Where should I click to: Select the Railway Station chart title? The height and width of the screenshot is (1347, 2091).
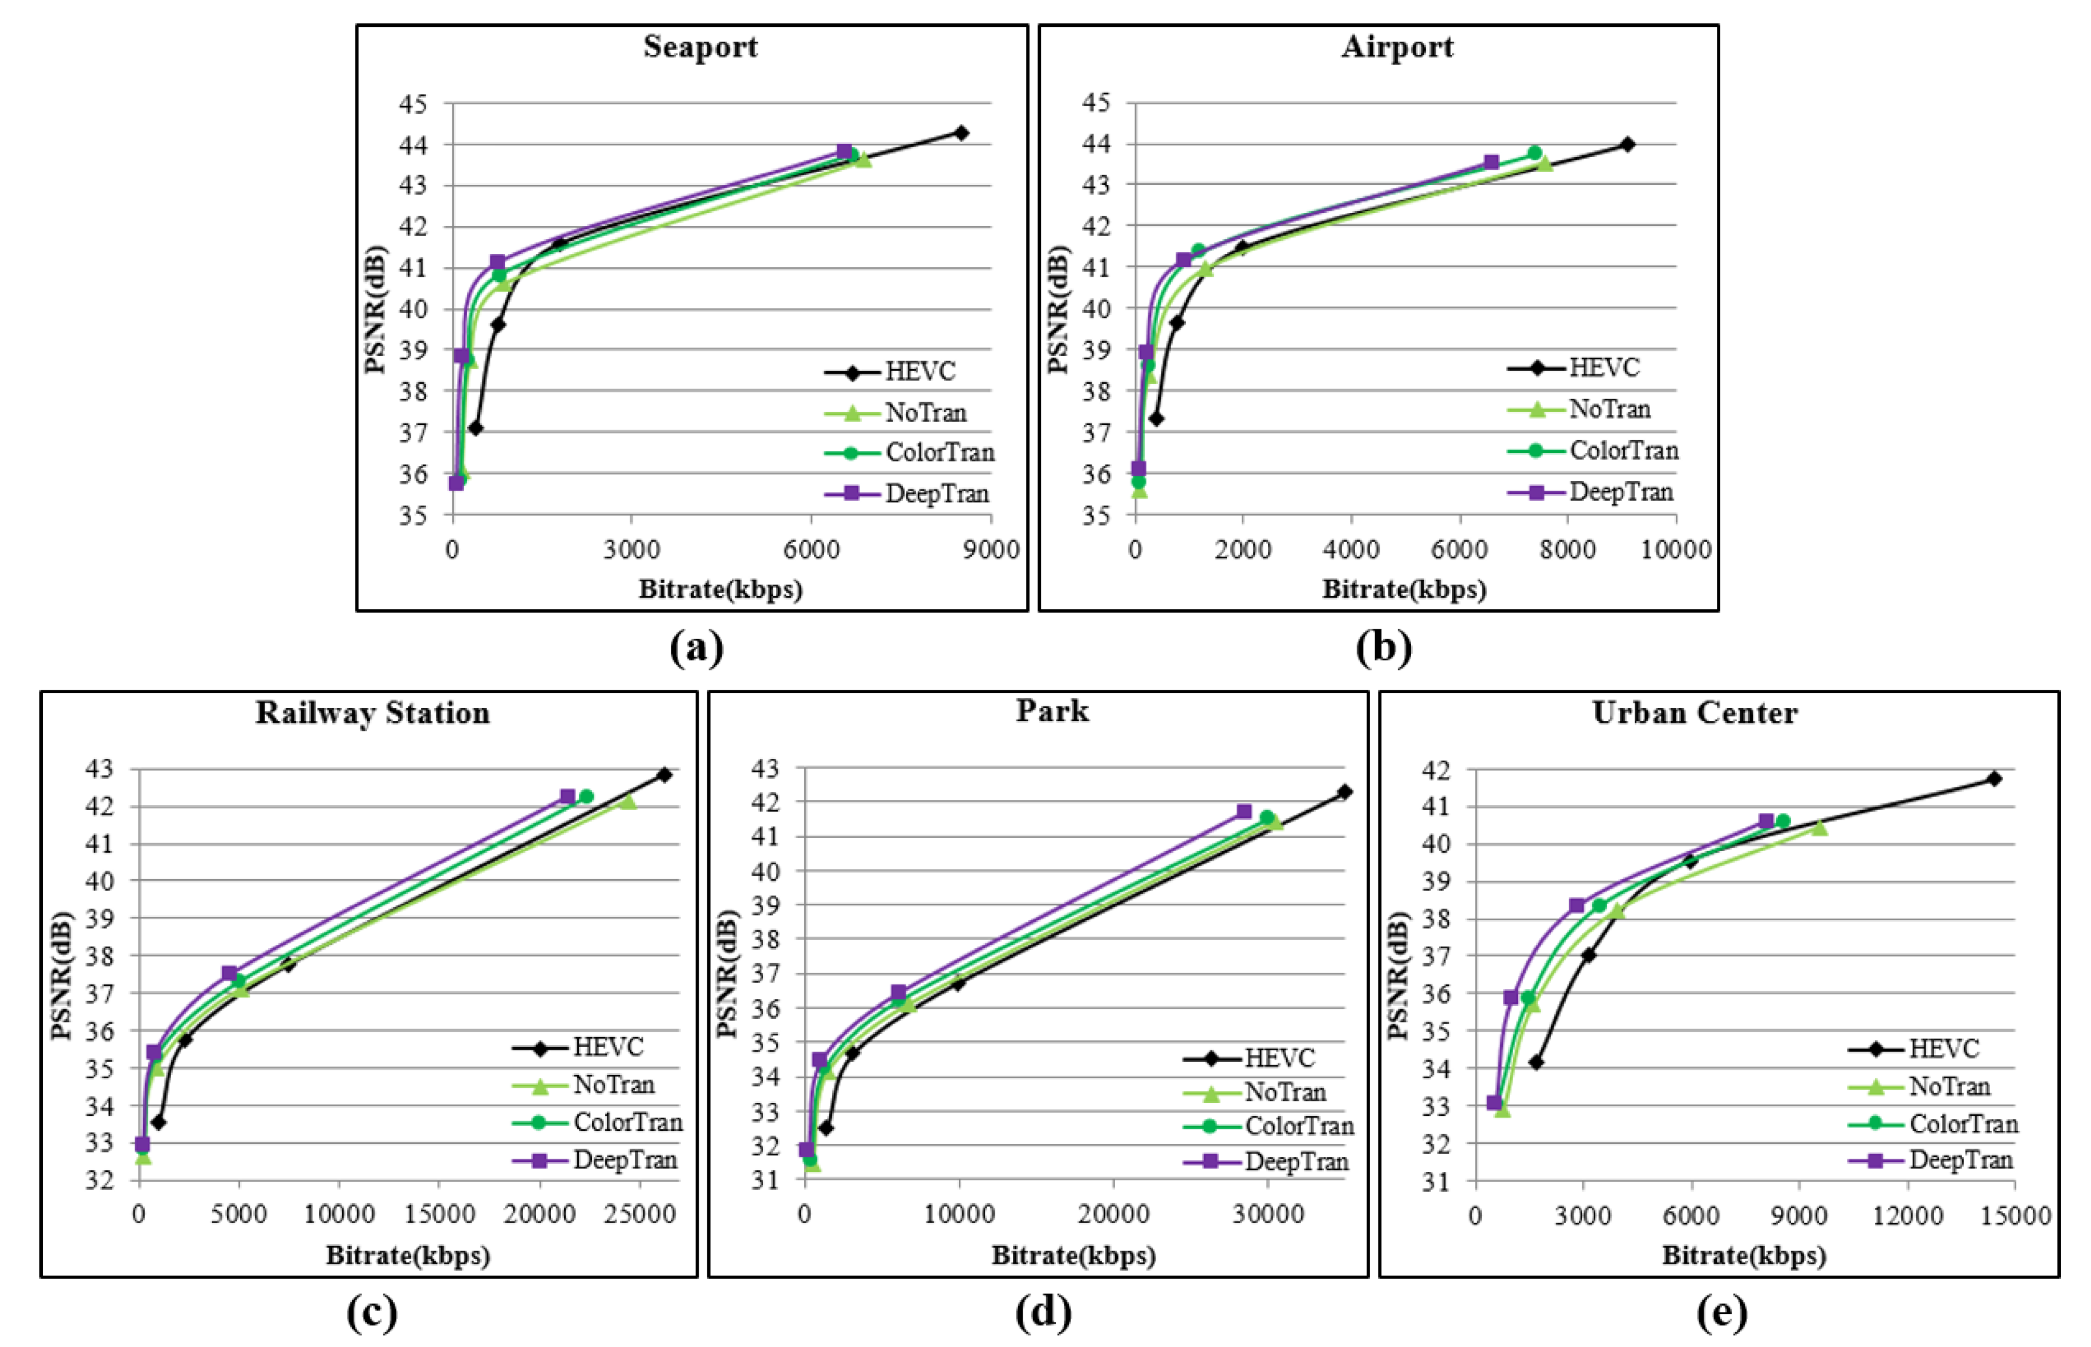pyautogui.click(x=372, y=713)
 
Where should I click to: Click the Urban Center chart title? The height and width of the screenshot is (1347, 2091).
pyautogui.click(x=1694, y=713)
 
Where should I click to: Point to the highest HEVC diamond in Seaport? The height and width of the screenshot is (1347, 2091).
pyautogui.click(x=961, y=133)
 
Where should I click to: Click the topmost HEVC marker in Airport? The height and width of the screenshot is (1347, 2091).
pyautogui.click(x=1627, y=144)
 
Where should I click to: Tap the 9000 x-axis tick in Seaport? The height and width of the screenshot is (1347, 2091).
pyautogui.click(x=990, y=549)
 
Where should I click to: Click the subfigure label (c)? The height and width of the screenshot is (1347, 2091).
pyautogui.click(x=372, y=1312)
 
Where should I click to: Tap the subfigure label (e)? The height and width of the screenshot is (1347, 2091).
pyautogui.click(x=1721, y=1312)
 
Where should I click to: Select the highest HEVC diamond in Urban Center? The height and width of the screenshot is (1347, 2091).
pyautogui.click(x=1994, y=778)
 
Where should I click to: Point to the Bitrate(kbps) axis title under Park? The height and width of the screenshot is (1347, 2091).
pyautogui.click(x=1073, y=1256)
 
